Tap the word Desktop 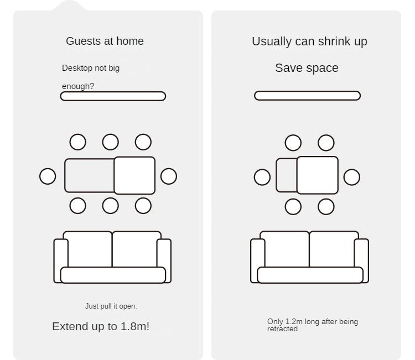(77, 68)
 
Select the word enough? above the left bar (78, 86)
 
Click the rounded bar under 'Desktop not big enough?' (113, 96)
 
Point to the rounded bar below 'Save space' (307, 96)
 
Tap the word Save (288, 68)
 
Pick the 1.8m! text (135, 326)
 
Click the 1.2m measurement (294, 322)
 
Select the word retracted (282, 329)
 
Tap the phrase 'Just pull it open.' (111, 306)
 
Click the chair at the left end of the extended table (48, 176)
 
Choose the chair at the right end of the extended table (169, 176)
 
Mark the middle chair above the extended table (110, 142)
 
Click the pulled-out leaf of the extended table (90, 175)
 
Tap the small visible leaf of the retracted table (287, 175)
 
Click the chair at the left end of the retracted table (262, 177)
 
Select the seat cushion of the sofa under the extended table (113, 275)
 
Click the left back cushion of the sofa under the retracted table (284, 249)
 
